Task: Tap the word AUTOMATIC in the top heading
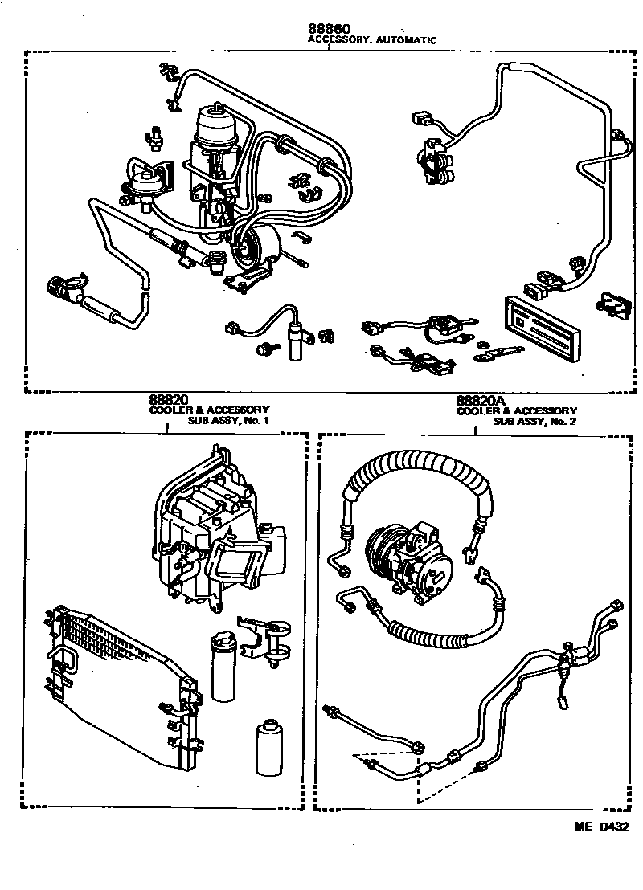pyautogui.click(x=408, y=40)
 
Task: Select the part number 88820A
pyautogui.click(x=481, y=399)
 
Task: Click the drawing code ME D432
pyautogui.click(x=600, y=825)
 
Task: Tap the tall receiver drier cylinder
pyautogui.click(x=223, y=667)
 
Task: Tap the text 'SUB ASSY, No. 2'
pyautogui.click(x=535, y=421)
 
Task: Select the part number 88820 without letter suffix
pyautogui.click(x=168, y=399)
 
